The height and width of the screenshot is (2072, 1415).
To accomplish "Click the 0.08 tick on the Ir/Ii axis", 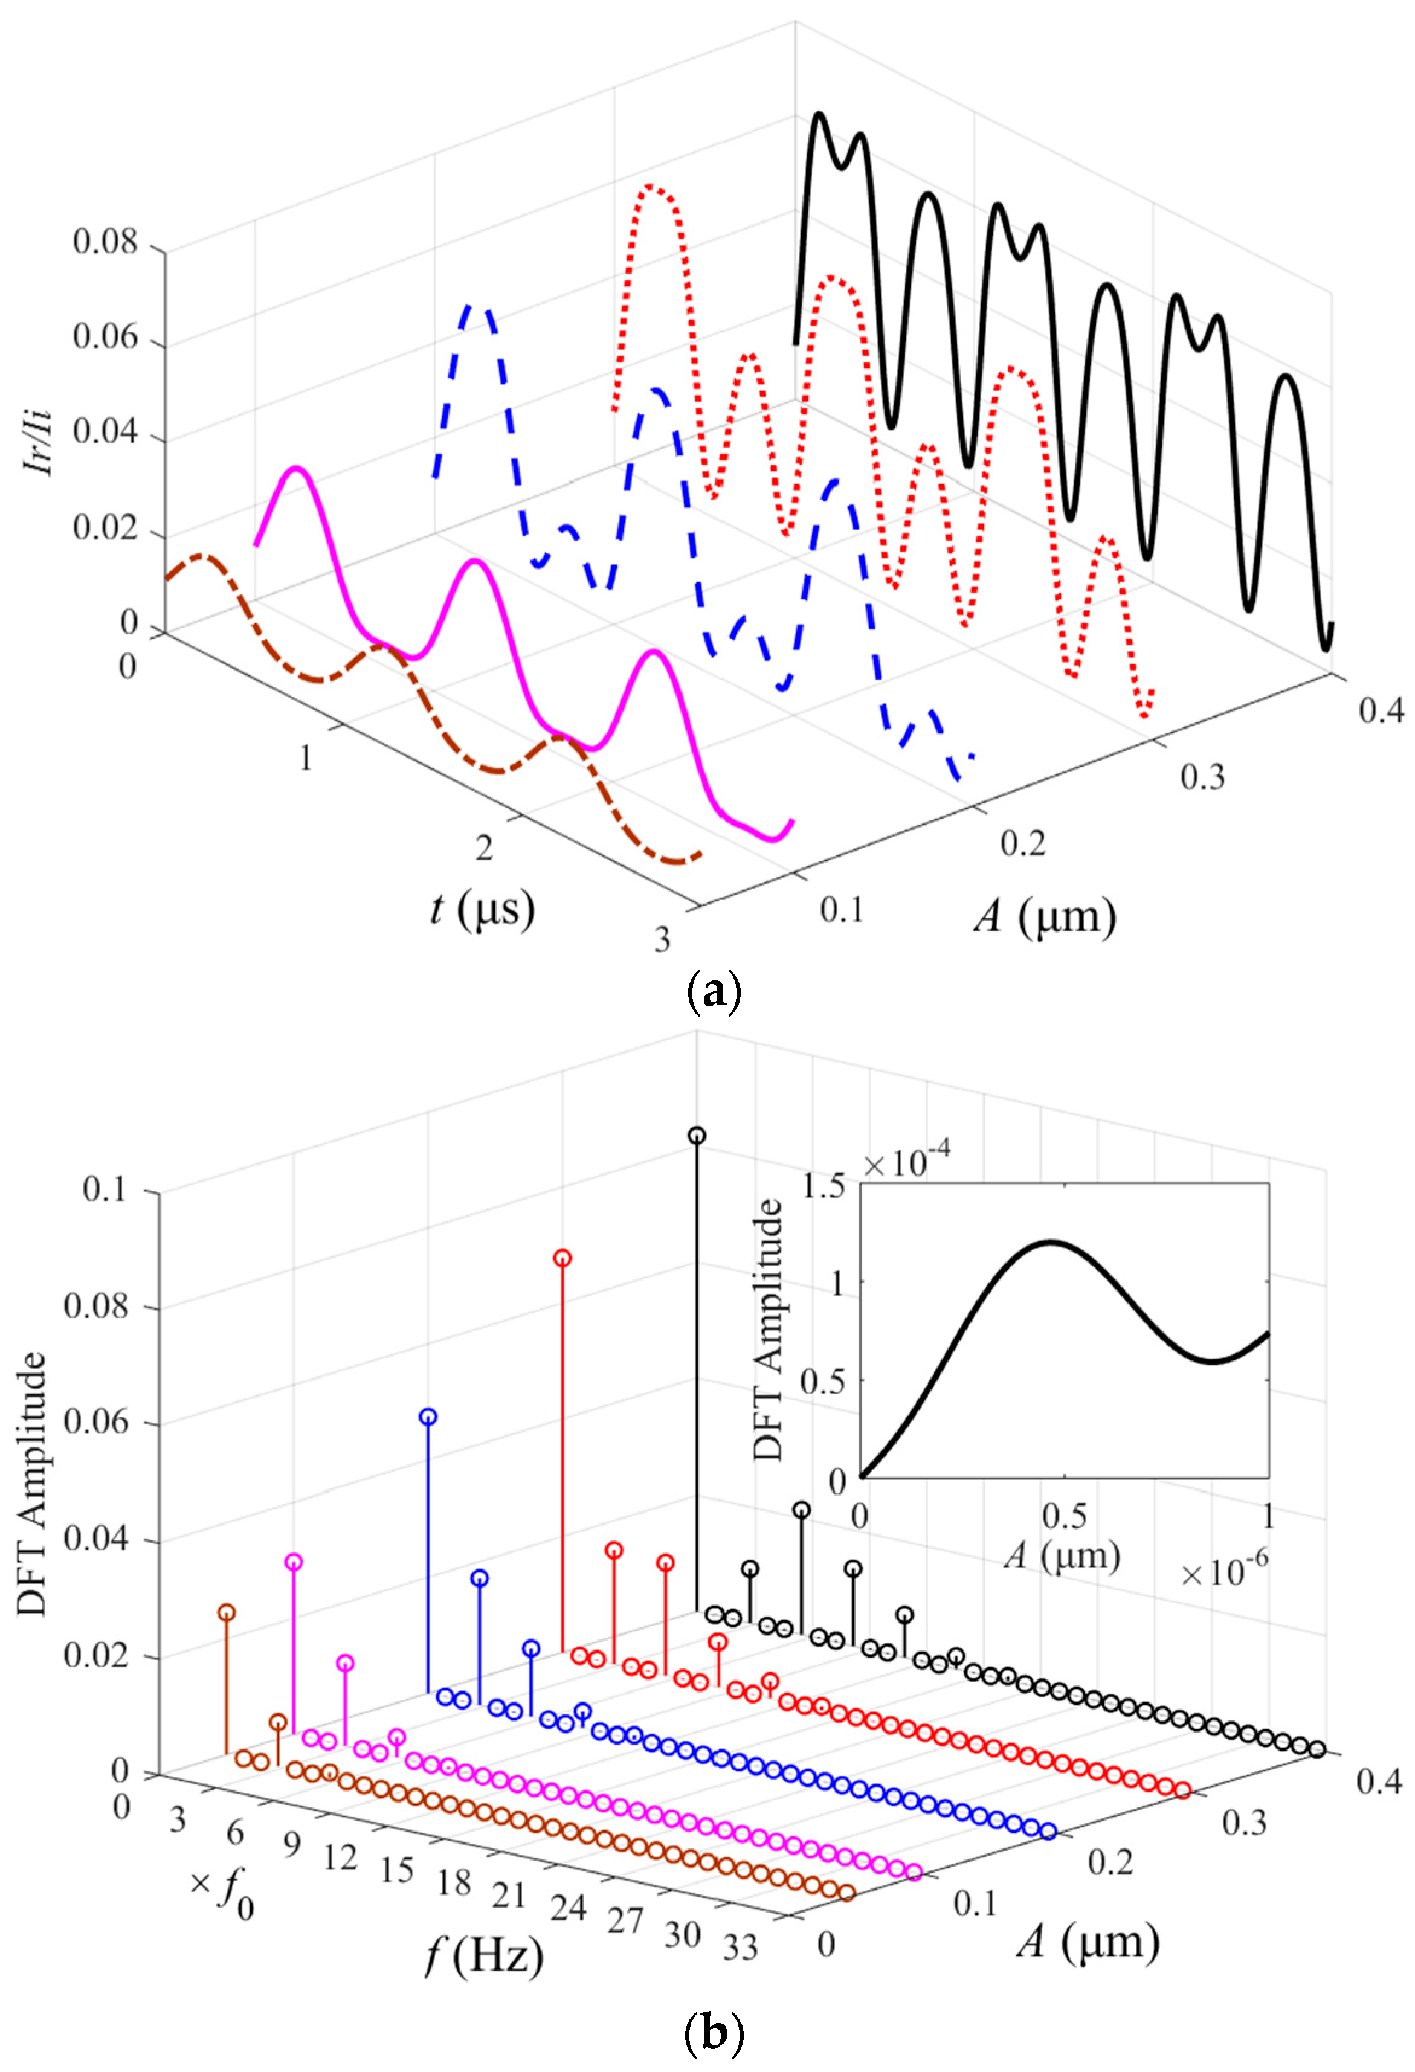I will (105, 242).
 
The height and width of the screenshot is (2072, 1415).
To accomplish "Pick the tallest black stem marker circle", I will (697, 1135).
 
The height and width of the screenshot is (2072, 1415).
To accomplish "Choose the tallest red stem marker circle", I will (562, 1258).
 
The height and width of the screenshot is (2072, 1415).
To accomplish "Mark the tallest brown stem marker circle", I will (227, 1612).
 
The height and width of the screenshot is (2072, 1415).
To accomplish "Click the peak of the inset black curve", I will (1052, 1240).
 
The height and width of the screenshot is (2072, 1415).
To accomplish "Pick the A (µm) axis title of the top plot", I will (1044, 916).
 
